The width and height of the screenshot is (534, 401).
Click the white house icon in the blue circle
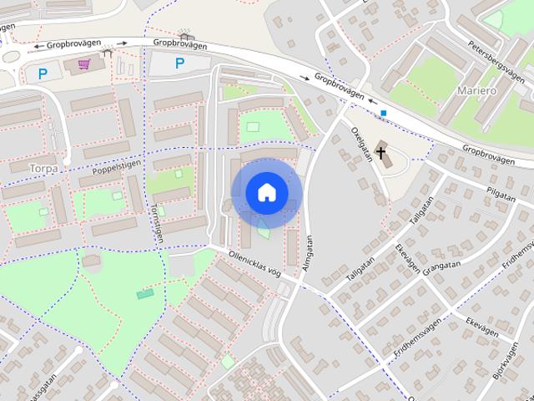[x=266, y=193]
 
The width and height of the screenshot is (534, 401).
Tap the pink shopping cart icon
[x=83, y=64]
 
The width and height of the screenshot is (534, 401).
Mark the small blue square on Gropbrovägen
[x=383, y=113]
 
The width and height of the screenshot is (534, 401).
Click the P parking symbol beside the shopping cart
[x=43, y=74]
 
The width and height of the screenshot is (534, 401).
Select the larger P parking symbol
[x=179, y=63]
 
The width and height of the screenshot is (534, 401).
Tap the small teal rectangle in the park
[x=146, y=293]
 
